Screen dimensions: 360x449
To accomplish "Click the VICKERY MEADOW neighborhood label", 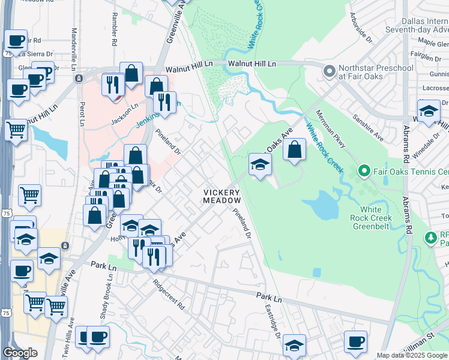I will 221,196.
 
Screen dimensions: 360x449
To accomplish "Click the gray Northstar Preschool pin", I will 329,71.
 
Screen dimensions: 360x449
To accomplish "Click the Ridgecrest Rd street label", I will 168,293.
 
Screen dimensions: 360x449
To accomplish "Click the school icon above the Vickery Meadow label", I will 260,164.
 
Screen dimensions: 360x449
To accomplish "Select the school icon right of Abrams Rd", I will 429,112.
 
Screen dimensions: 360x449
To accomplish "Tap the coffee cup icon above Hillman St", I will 355,341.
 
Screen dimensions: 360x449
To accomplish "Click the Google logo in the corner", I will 20,353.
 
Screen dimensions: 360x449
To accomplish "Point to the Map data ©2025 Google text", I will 411,355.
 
